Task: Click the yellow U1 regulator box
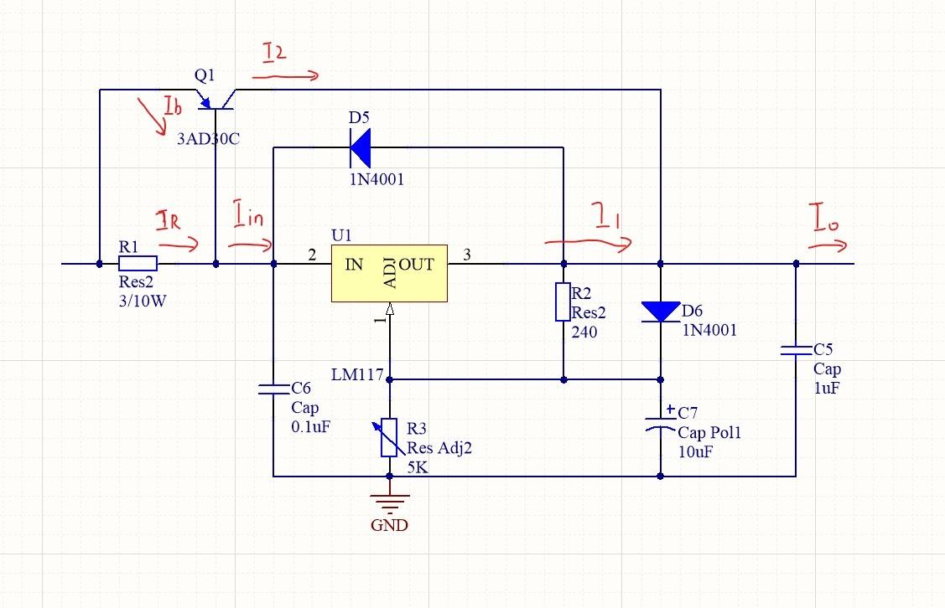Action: point(388,274)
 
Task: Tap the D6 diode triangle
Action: point(661,312)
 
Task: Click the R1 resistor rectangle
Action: point(138,264)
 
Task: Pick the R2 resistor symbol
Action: point(563,302)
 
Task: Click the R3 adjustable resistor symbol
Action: point(389,437)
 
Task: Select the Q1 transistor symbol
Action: point(216,102)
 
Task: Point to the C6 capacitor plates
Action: point(273,389)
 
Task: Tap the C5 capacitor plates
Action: point(796,351)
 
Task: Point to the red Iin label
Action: point(248,219)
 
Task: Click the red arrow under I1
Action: point(588,243)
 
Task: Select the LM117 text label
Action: point(357,374)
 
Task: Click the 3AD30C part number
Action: point(208,139)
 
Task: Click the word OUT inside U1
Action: point(416,265)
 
